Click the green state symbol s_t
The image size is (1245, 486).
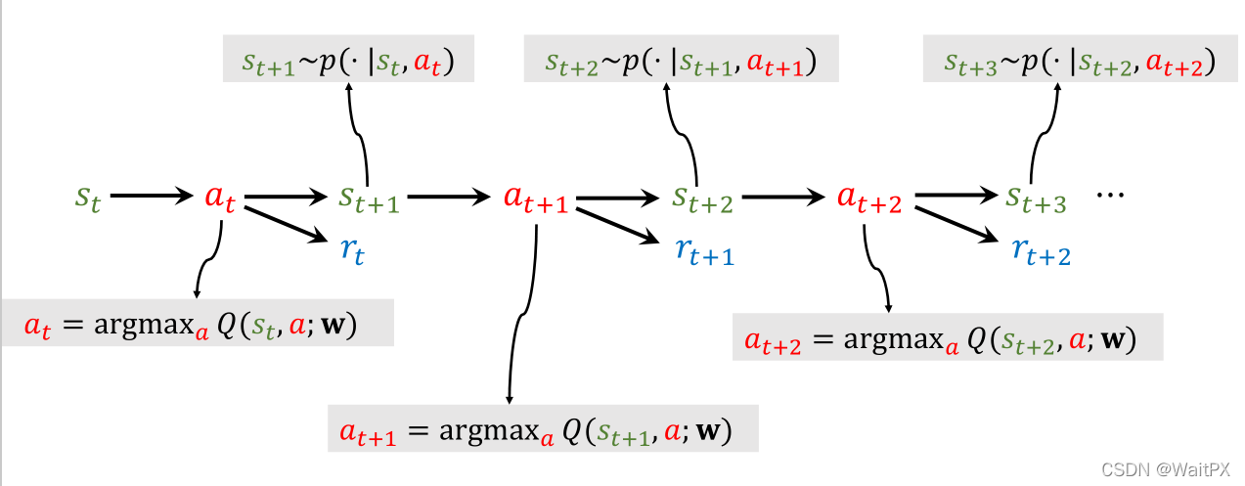87,198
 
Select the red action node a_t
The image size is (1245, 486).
219,198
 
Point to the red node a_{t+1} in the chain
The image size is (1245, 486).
534,199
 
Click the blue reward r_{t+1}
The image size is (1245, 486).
704,251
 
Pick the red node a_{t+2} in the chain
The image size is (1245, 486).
868,199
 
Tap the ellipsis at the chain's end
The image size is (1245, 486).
1112,196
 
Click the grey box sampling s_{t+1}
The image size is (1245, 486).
348,63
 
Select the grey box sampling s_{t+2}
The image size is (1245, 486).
681,63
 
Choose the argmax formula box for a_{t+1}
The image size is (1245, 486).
543,430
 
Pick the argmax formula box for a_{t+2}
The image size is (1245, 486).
947,338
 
